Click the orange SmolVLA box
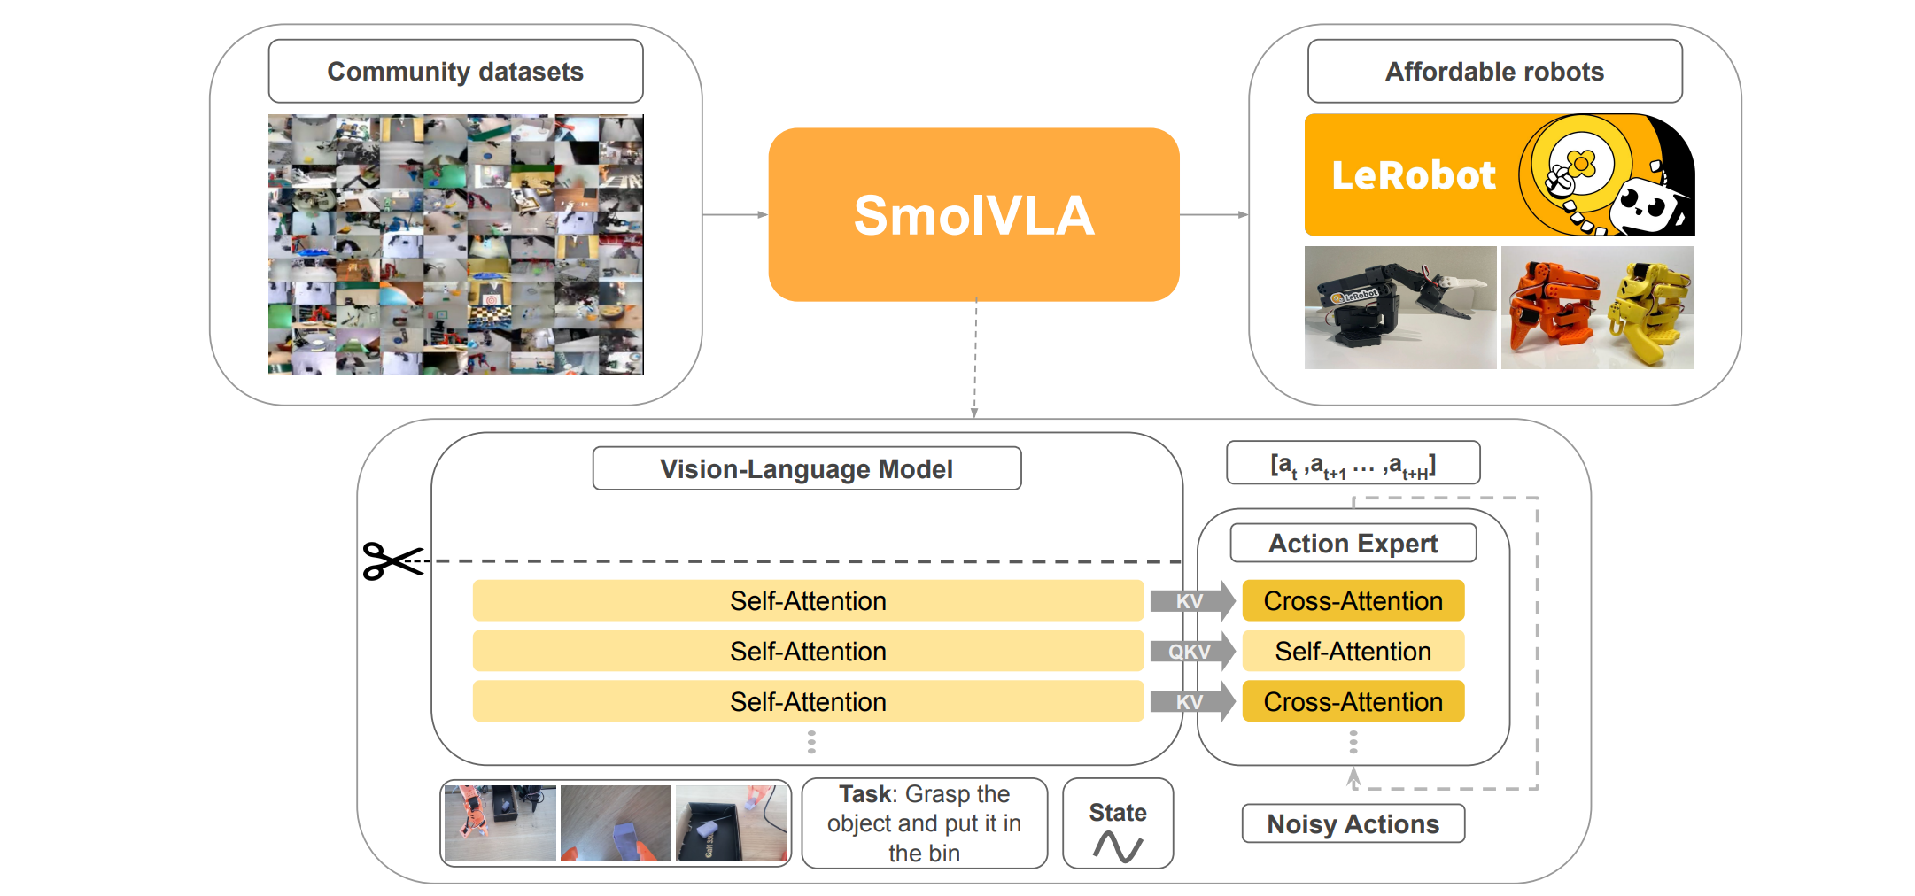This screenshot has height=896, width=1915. [x=973, y=214]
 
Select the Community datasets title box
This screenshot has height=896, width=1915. [x=455, y=72]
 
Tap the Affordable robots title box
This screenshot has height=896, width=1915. [x=1494, y=72]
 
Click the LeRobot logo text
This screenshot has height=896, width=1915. [x=1414, y=175]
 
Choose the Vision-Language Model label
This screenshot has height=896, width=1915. [x=806, y=468]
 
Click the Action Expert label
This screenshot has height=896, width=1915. [x=1353, y=543]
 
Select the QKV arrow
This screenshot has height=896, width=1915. [x=1191, y=652]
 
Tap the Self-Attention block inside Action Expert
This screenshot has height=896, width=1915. [x=1353, y=652]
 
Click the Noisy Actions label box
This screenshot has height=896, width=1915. [x=1353, y=823]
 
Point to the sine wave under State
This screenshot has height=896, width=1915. [x=1117, y=846]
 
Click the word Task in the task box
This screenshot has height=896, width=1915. [x=866, y=794]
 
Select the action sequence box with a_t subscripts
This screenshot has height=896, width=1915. [x=1353, y=463]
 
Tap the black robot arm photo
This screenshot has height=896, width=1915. [x=1399, y=307]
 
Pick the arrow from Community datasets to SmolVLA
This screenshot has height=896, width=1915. [x=735, y=214]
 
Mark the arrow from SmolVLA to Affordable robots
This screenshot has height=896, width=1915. [x=1213, y=214]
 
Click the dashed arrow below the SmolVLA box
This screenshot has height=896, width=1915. [x=974, y=359]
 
